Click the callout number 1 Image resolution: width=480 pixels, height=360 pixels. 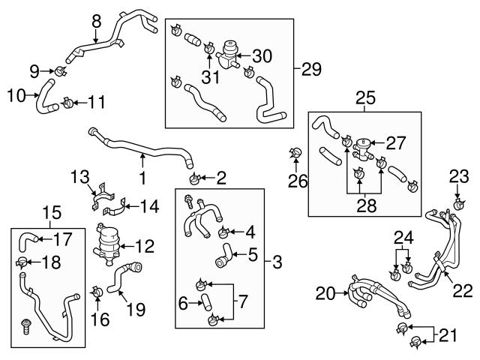(x=142, y=180)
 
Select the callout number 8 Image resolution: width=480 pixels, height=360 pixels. (x=95, y=21)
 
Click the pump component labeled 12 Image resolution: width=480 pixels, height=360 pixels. (x=110, y=241)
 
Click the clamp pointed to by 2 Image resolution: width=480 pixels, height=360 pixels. (x=195, y=178)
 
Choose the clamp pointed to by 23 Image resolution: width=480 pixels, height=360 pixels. (x=458, y=202)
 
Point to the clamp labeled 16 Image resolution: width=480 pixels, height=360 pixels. (x=97, y=291)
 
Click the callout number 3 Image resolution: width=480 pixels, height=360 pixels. (x=277, y=262)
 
